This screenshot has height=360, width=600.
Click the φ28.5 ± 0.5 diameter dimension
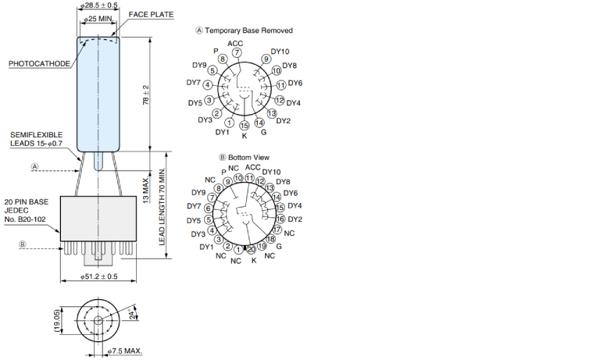pyautogui.click(x=99, y=5)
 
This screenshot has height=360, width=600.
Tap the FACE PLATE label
pyautogui.click(x=151, y=15)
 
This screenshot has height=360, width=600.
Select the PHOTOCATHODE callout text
pyautogui.click(x=38, y=63)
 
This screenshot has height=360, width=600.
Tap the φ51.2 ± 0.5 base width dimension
pyautogui.click(x=99, y=276)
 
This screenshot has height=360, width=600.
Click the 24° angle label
pyautogui.click(x=132, y=315)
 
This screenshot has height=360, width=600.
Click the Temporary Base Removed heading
pyautogui.click(x=248, y=30)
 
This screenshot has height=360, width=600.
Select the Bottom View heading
pyautogui.click(x=248, y=157)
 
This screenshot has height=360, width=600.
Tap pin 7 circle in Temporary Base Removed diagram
pyautogui.click(x=237, y=52)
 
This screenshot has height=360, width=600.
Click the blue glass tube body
pyautogui.click(x=98, y=94)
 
